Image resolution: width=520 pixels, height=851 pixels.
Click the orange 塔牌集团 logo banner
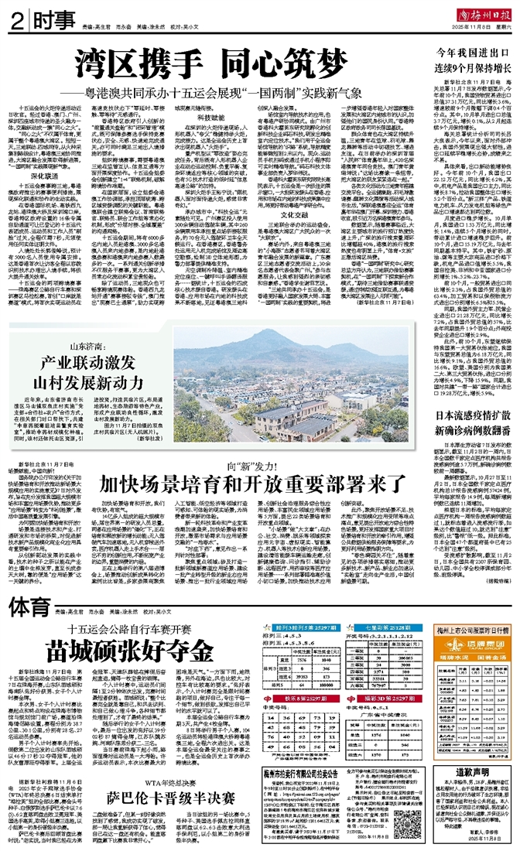[471, 624]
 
